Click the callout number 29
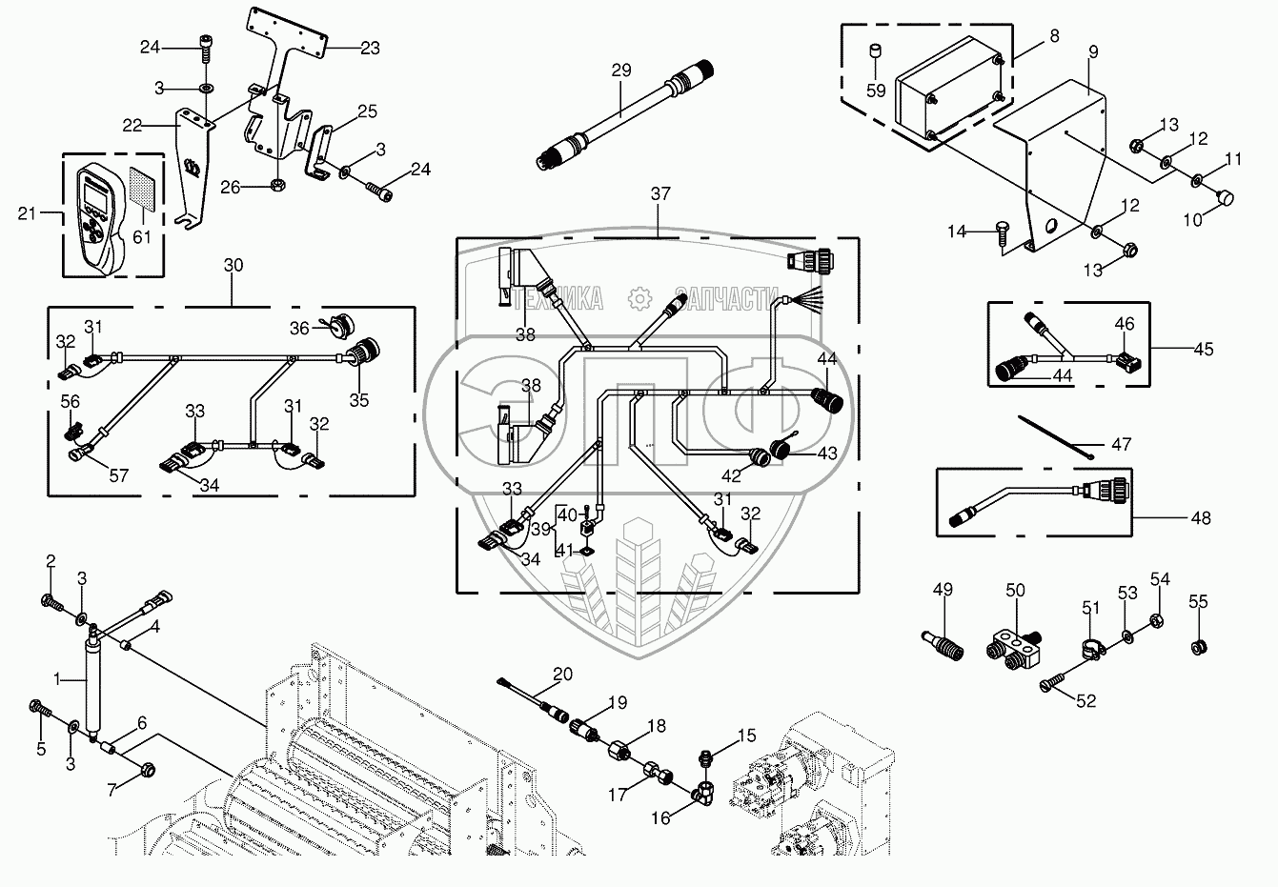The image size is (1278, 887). click(621, 71)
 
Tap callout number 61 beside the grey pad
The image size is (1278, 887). click(141, 236)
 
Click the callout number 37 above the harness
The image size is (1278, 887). click(660, 194)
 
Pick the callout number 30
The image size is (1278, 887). click(233, 265)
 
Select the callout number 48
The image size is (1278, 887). click(1201, 518)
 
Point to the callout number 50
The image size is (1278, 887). click(1016, 591)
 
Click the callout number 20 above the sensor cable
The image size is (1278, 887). click(562, 673)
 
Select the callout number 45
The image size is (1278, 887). click(1204, 349)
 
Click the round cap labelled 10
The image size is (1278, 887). click(1226, 198)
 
